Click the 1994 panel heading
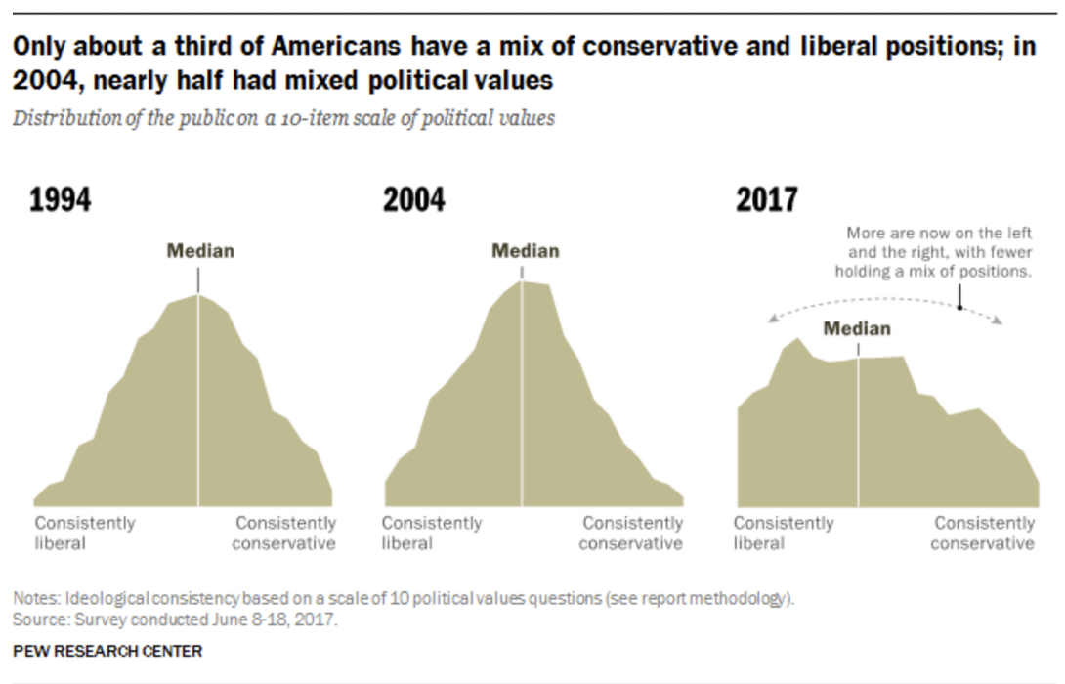61,200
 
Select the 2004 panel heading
413,200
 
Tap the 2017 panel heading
766,200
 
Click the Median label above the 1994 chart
199,251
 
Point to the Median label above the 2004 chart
525,251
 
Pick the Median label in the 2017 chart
857,328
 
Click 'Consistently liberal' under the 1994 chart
85,533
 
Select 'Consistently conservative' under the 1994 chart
284,533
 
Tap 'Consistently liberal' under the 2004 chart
432,533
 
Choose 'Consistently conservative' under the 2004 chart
631,533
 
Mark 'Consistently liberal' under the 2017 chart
784,533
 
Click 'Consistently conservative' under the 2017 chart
982,533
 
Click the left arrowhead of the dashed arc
771,318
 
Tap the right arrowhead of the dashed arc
998,321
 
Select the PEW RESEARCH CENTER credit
107,651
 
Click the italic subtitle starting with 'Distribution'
283,118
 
